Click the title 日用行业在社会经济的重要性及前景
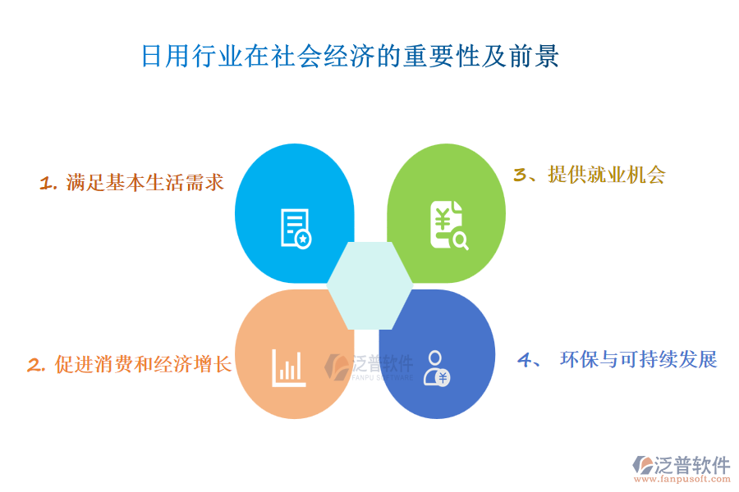tap(350, 56)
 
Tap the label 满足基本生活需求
tap(145, 183)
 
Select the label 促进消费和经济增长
tap(143, 364)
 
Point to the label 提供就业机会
tap(607, 175)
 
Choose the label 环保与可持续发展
tap(639, 360)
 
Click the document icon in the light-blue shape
tap(296, 228)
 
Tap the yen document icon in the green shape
tap(449, 225)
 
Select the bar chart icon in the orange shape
tap(289, 368)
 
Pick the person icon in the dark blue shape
tap(437, 369)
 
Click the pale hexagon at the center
tap(370, 286)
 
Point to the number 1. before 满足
tap(48, 183)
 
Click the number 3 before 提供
tap(521, 175)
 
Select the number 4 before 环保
tap(525, 360)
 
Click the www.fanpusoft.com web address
tap(682, 479)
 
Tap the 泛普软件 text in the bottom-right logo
tap(692, 465)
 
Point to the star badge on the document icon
tap(303, 239)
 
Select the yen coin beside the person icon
tap(443, 377)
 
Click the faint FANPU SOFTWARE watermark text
tap(382, 377)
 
